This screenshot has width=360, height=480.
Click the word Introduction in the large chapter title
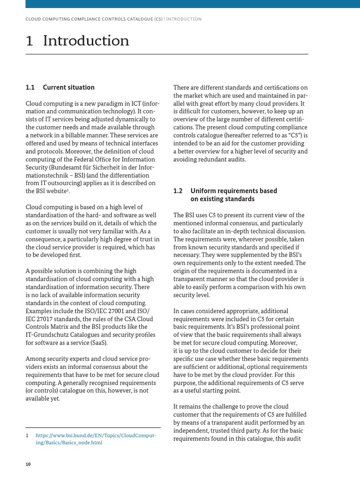86,41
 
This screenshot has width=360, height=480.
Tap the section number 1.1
30,87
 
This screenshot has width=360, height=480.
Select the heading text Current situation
68,87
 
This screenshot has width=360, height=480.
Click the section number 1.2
178,191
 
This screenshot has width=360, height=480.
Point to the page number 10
28,464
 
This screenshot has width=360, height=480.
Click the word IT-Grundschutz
47,335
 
